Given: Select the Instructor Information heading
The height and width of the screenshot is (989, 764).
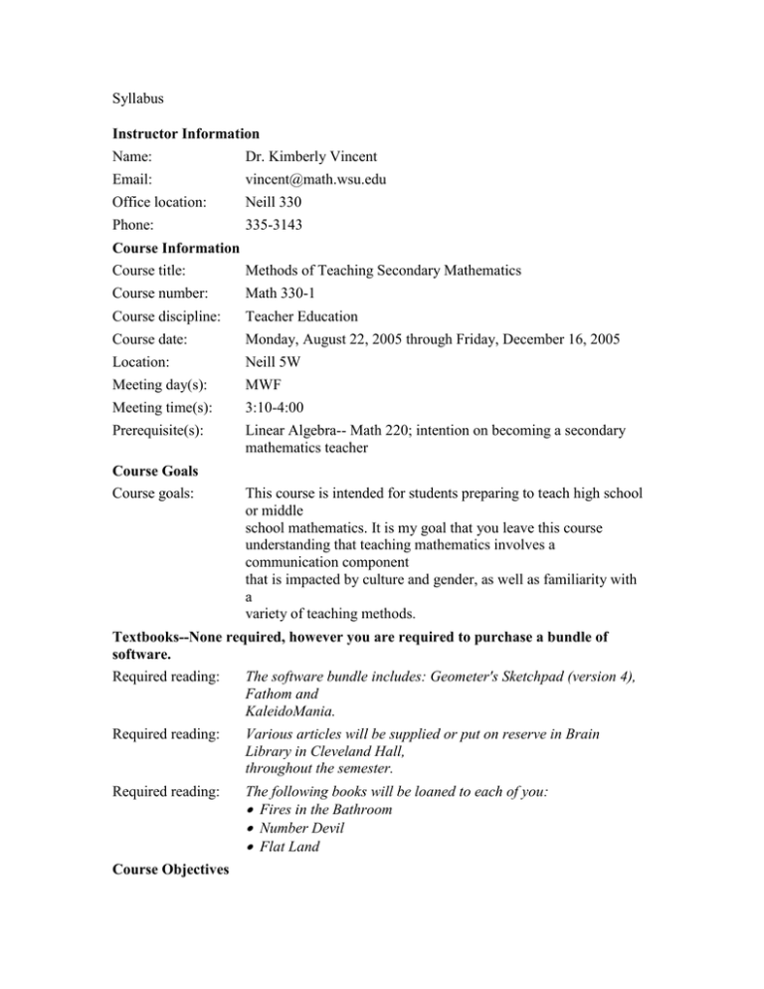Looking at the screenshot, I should (186, 133).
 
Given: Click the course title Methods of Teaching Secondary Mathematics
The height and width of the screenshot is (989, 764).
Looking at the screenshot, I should (392, 270).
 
